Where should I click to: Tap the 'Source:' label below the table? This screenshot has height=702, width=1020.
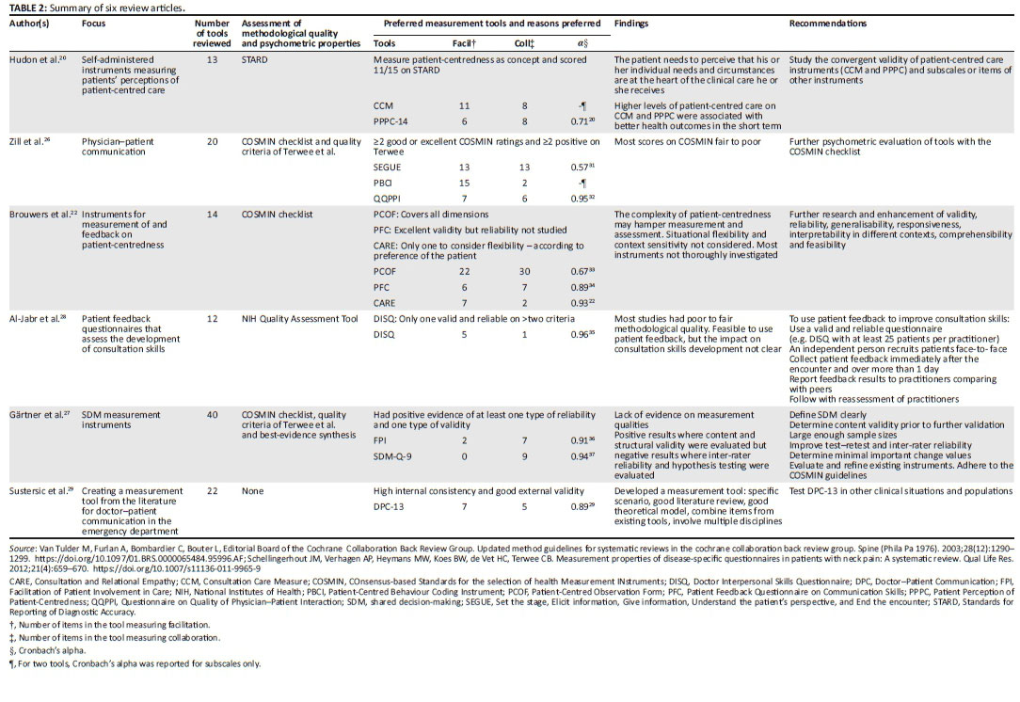click(20, 547)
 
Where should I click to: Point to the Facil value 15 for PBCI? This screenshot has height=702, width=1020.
click(463, 183)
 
